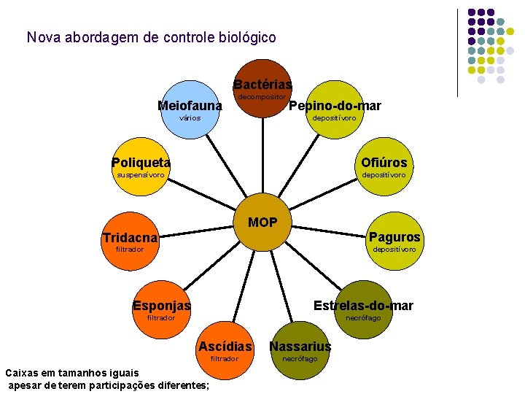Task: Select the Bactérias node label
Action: [262, 85]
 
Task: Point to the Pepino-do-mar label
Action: [335, 106]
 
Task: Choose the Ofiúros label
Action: [384, 162]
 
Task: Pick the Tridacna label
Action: [130, 238]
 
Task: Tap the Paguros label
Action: [394, 237]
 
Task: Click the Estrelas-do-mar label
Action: [363, 305]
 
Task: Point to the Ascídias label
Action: [225, 346]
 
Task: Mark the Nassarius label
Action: [300, 346]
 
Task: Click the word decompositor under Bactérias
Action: [262, 96]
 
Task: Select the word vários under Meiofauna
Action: [189, 117]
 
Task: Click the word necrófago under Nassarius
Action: [300, 358]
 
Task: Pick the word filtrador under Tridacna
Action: [130, 250]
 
